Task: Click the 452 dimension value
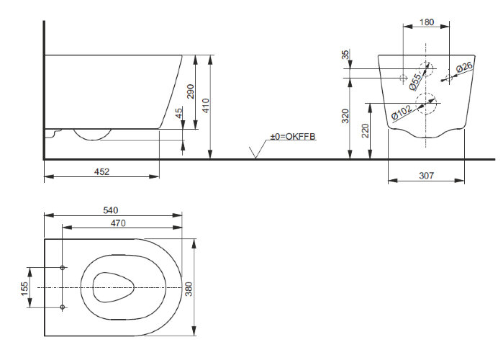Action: pyautogui.click(x=101, y=171)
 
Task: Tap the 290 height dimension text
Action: pyautogui.click(x=190, y=91)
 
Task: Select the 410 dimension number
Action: pyautogui.click(x=206, y=106)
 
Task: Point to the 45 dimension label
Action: pyautogui.click(x=179, y=112)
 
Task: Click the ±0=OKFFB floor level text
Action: pyautogui.click(x=293, y=136)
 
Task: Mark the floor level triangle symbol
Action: pyautogui.click(x=255, y=153)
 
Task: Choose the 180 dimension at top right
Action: pyautogui.click(x=427, y=22)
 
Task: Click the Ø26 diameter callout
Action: pyautogui.click(x=464, y=68)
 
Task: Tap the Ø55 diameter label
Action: pyautogui.click(x=415, y=81)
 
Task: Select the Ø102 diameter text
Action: pyautogui.click(x=402, y=112)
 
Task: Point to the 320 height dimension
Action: pyautogui.click(x=345, y=116)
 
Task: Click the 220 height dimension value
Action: pyautogui.click(x=366, y=130)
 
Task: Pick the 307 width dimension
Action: pyautogui.click(x=426, y=176)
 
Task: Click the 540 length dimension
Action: pyautogui.click(x=111, y=210)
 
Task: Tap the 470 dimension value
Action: pyautogui.click(x=118, y=223)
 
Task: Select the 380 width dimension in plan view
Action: pyautogui.click(x=189, y=289)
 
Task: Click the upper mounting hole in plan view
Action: pyautogui.click(x=63, y=268)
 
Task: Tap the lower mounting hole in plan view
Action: pyautogui.click(x=63, y=307)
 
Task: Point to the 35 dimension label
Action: pyautogui.click(x=345, y=55)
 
